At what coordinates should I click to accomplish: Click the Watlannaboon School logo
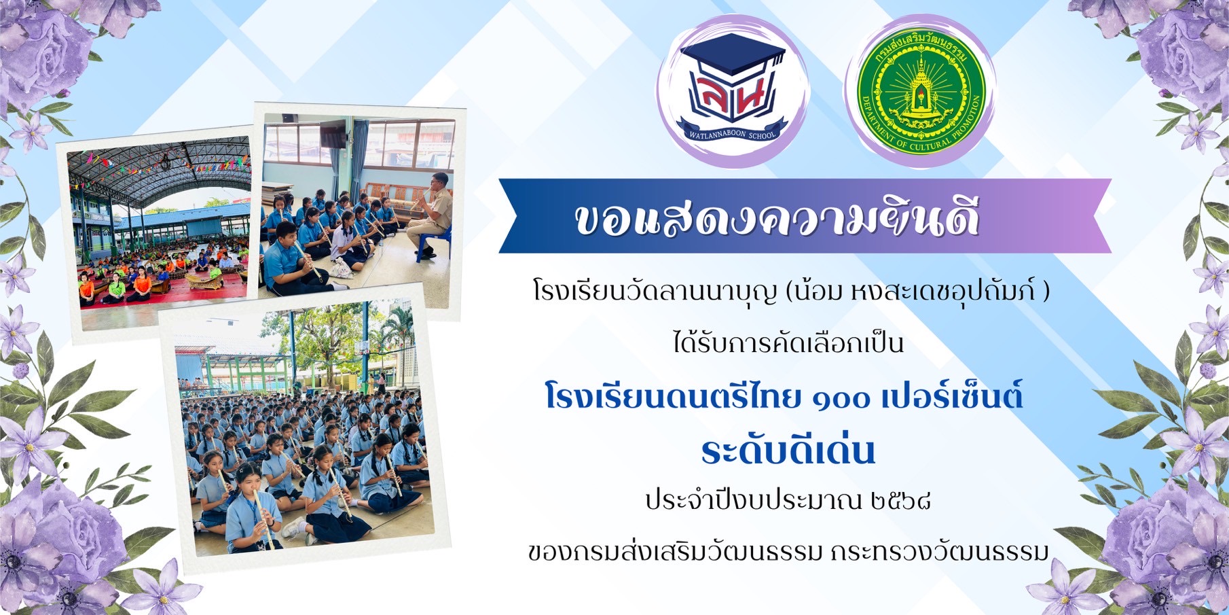pyautogui.click(x=733, y=92)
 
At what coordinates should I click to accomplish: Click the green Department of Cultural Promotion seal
pyautogui.click(x=921, y=91)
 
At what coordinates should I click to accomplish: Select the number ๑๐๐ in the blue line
pyautogui.click(x=841, y=398)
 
